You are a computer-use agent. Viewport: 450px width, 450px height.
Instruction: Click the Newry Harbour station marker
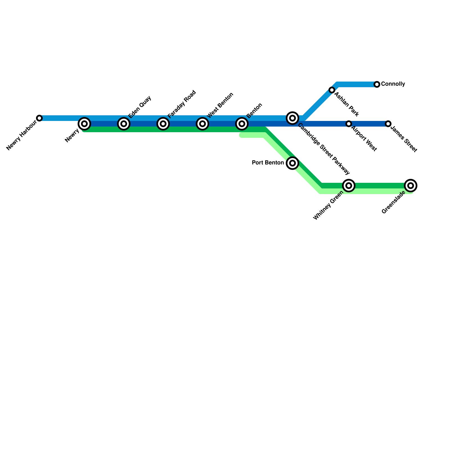(x=39, y=118)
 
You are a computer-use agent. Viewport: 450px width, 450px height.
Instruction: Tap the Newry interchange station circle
(x=84, y=124)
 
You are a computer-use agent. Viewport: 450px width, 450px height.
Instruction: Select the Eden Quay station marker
(x=123, y=124)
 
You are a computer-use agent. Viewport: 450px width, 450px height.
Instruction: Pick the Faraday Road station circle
(x=163, y=124)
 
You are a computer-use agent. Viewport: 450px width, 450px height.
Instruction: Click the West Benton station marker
(x=202, y=124)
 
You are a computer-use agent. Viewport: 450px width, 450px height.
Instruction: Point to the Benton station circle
(x=242, y=124)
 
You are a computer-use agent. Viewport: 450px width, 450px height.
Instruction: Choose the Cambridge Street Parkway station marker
(x=292, y=118)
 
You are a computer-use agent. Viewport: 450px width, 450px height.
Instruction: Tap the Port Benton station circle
(x=292, y=163)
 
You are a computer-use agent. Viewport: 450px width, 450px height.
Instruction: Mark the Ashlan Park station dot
(x=332, y=90)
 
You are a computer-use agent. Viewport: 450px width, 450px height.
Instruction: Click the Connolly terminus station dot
(x=377, y=84)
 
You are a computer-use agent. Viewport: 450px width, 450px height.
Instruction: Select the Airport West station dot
(x=349, y=124)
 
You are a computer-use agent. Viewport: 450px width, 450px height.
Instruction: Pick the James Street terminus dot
(x=388, y=124)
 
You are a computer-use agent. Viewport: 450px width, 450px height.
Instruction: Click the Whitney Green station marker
(x=349, y=186)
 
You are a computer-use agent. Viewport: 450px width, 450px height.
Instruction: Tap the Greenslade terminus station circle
(x=411, y=186)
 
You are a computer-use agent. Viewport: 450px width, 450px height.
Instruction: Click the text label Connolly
(x=393, y=84)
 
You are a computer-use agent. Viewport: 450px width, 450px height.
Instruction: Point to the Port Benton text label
(x=268, y=163)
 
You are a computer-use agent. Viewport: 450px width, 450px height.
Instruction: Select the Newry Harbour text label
(x=21, y=135)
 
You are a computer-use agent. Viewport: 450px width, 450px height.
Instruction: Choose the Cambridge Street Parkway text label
(x=324, y=149)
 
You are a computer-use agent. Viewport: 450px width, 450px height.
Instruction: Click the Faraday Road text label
(x=181, y=104)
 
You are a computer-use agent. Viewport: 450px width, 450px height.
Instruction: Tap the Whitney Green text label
(x=328, y=205)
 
